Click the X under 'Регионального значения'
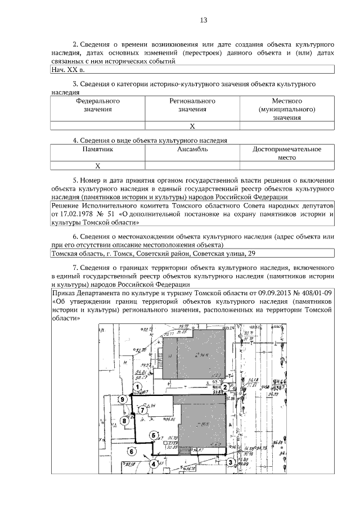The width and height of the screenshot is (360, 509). tap(192, 125)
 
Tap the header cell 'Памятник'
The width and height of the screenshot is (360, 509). tap(98, 150)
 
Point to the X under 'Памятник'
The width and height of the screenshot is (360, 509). tap(97, 165)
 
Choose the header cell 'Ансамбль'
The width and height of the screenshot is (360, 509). tap(192, 150)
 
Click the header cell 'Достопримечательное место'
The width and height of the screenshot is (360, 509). tap(287, 154)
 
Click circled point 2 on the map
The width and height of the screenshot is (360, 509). tap(225, 387)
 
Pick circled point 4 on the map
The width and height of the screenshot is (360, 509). tap(152, 464)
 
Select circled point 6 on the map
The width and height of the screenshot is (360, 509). tap(131, 451)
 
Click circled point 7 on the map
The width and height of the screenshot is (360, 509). tap(143, 411)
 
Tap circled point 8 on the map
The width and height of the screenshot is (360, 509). tap(124, 420)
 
